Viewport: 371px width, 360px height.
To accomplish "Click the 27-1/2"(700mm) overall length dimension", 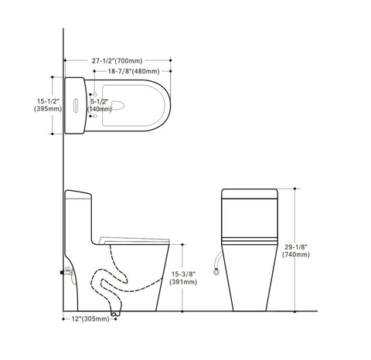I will point(116,59).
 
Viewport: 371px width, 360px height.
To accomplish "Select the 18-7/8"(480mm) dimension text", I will point(134,70).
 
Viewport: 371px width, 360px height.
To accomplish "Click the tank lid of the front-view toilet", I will point(250,194).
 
